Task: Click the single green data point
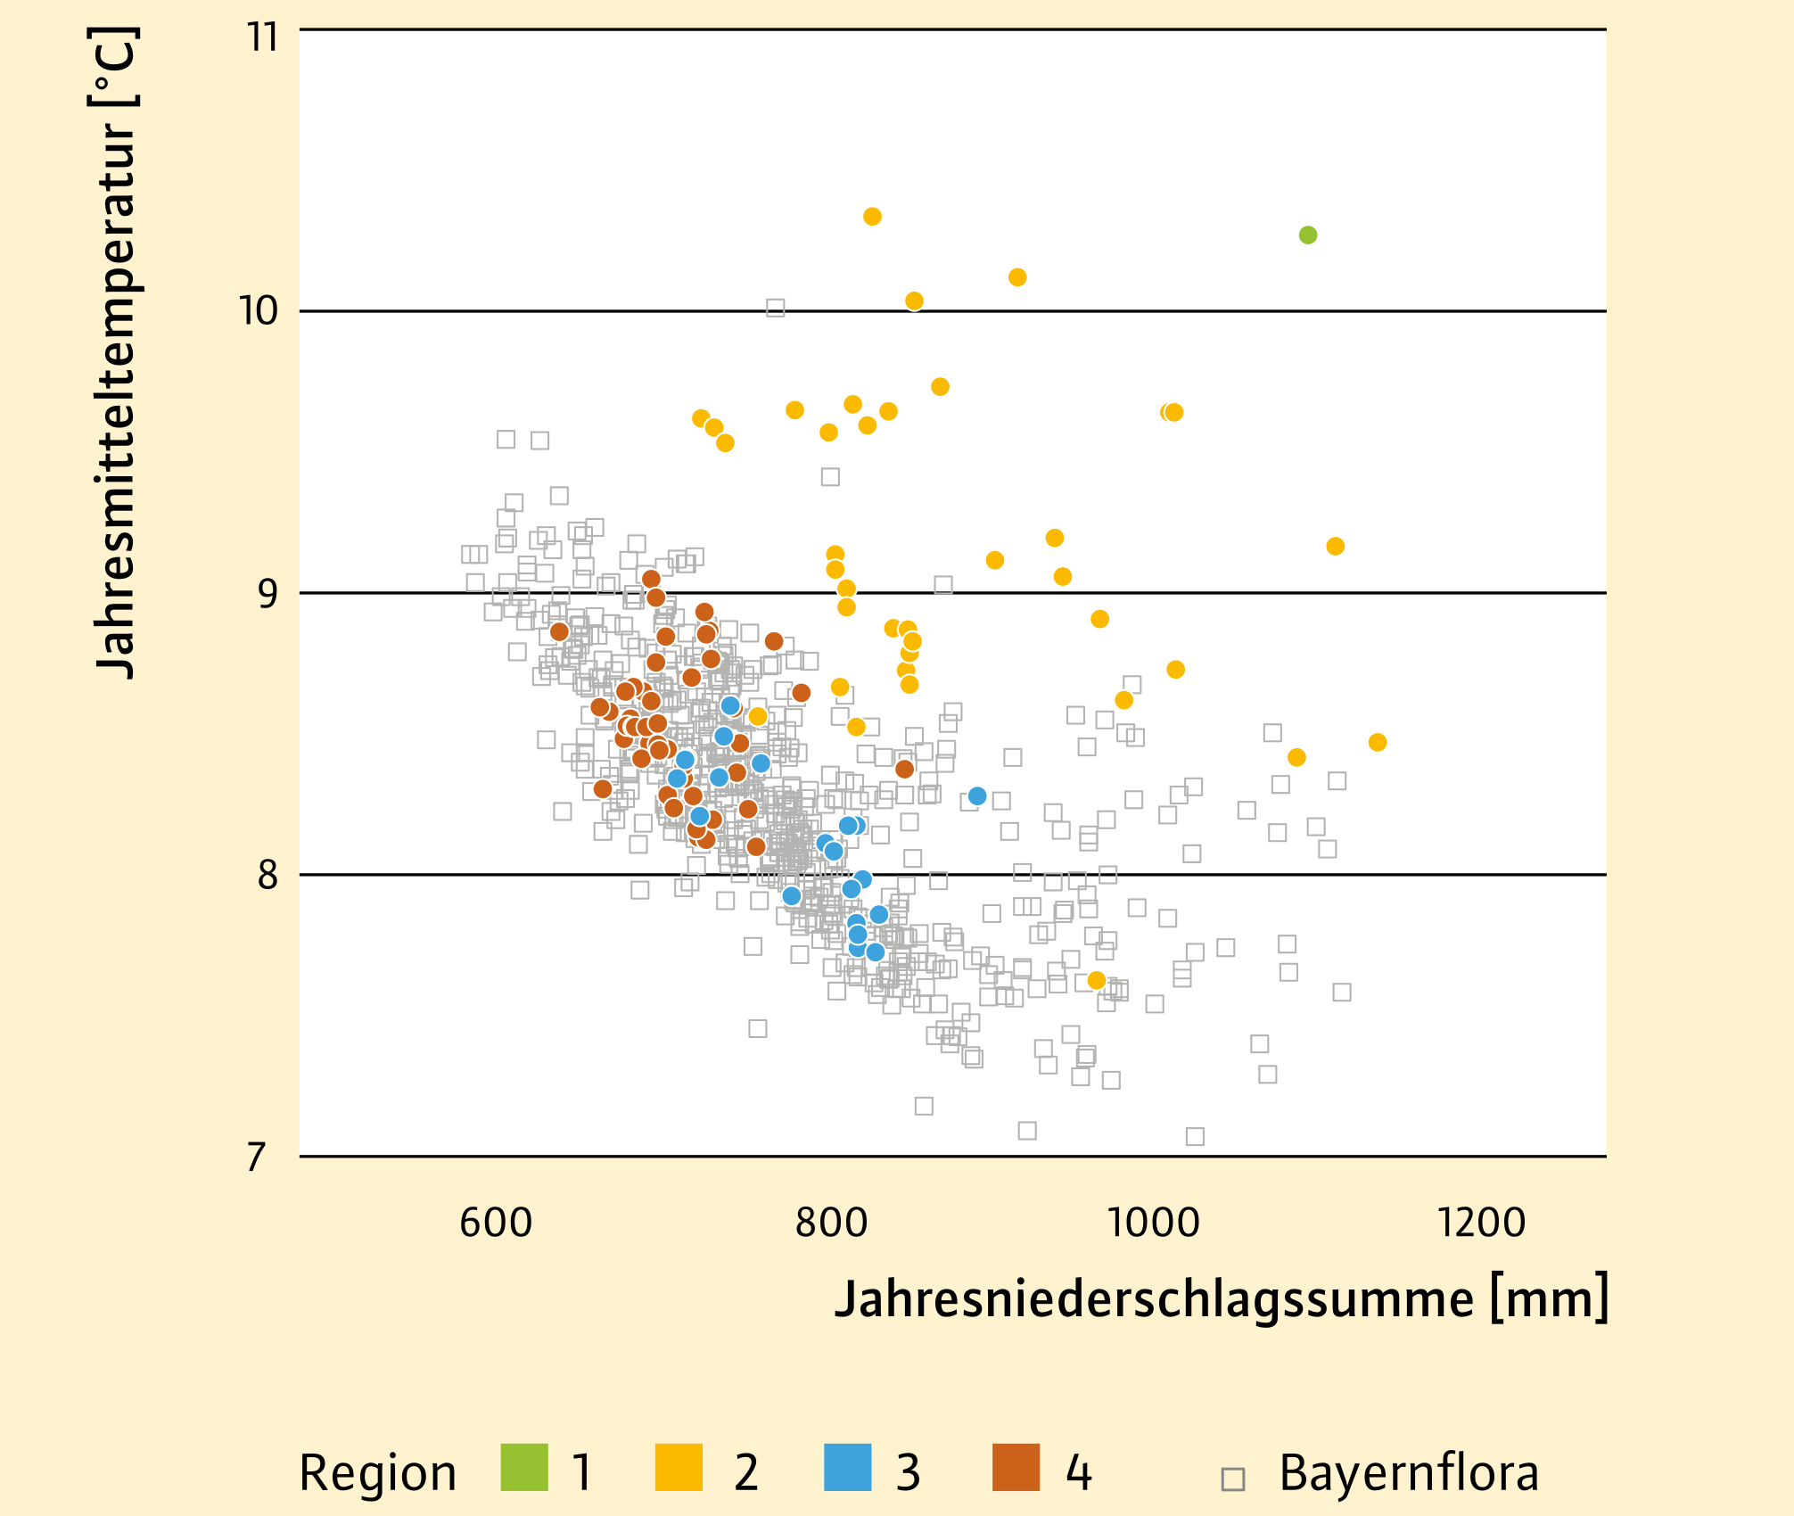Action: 1308,235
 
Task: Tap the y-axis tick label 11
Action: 263,37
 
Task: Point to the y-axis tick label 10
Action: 259,311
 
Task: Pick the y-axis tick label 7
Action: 257,1158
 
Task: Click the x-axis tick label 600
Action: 496,1222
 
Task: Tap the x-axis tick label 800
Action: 831,1222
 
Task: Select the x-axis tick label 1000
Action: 1153,1222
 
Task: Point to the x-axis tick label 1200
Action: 1482,1222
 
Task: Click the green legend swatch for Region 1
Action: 524,1468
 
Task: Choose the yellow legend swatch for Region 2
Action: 679,1468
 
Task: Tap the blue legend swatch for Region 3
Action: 848,1468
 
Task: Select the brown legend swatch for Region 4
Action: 1016,1468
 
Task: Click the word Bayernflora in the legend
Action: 1409,1472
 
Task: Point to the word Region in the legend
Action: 377,1474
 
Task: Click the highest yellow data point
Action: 873,217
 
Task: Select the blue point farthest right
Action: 977,796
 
